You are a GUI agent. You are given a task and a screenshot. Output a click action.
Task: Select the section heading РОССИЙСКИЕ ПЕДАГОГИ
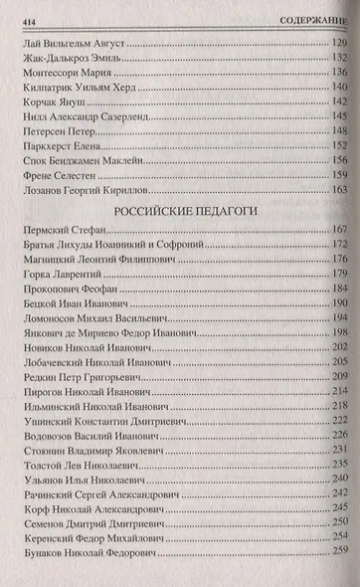[177, 212]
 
